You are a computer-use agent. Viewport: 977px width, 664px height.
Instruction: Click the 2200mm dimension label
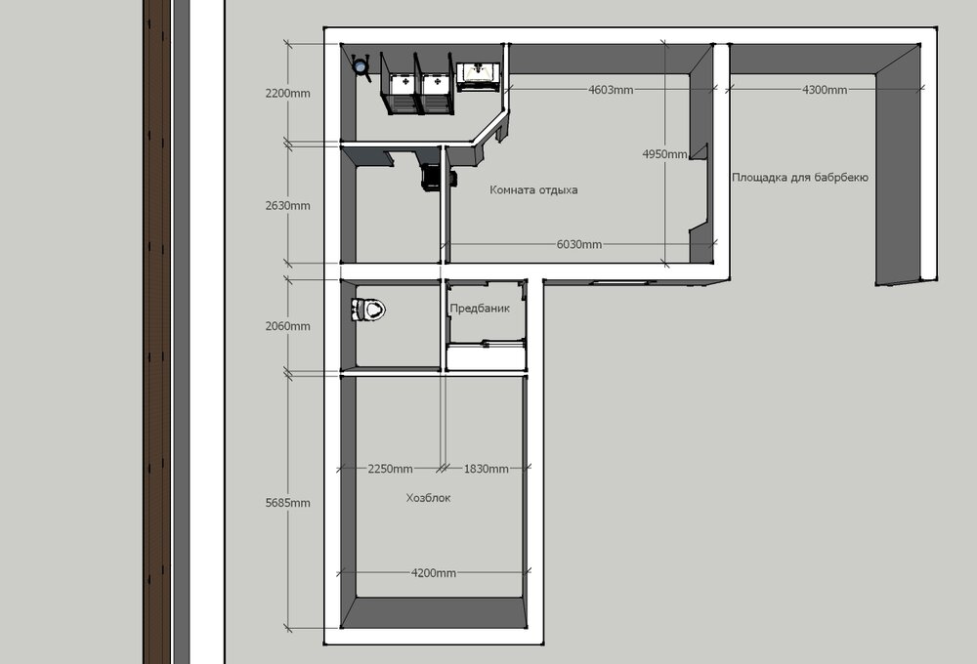287,94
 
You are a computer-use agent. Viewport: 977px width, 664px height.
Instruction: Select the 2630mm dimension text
287,206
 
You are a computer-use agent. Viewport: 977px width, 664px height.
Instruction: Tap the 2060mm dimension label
287,326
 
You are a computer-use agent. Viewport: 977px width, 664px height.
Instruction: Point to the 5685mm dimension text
287,503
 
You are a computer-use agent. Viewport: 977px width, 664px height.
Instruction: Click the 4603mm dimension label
611,90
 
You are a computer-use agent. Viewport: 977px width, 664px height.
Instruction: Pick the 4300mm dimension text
825,90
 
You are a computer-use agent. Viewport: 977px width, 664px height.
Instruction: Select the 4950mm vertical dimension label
664,154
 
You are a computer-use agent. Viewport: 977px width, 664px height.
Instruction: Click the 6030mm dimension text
578,245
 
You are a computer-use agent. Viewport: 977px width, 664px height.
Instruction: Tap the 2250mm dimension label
390,469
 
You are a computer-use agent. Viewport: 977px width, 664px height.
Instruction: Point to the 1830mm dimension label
486,469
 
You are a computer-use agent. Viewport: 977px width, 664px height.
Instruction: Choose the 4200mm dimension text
433,573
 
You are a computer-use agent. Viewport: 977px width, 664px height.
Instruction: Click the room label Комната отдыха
533,190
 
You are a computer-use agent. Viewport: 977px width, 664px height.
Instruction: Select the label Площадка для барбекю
800,178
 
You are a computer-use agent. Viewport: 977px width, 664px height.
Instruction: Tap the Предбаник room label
480,308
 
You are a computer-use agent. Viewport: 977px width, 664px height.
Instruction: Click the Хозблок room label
428,498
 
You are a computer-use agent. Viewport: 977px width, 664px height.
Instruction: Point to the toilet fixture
368,309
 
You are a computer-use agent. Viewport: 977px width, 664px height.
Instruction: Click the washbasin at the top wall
479,76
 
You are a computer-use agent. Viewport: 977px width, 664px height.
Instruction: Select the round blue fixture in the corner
361,65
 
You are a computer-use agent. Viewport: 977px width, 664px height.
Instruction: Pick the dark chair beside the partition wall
431,177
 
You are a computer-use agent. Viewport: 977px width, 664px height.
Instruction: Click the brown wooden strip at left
156,332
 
